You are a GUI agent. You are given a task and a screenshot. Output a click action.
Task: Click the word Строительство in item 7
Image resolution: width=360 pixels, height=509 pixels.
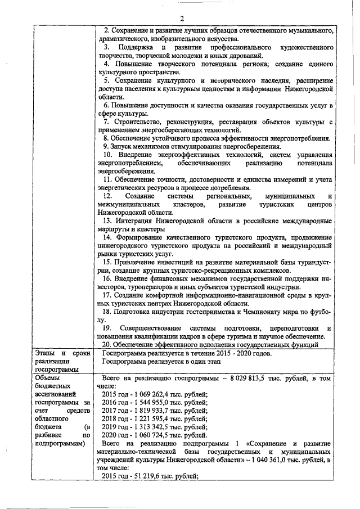coord(136,121)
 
